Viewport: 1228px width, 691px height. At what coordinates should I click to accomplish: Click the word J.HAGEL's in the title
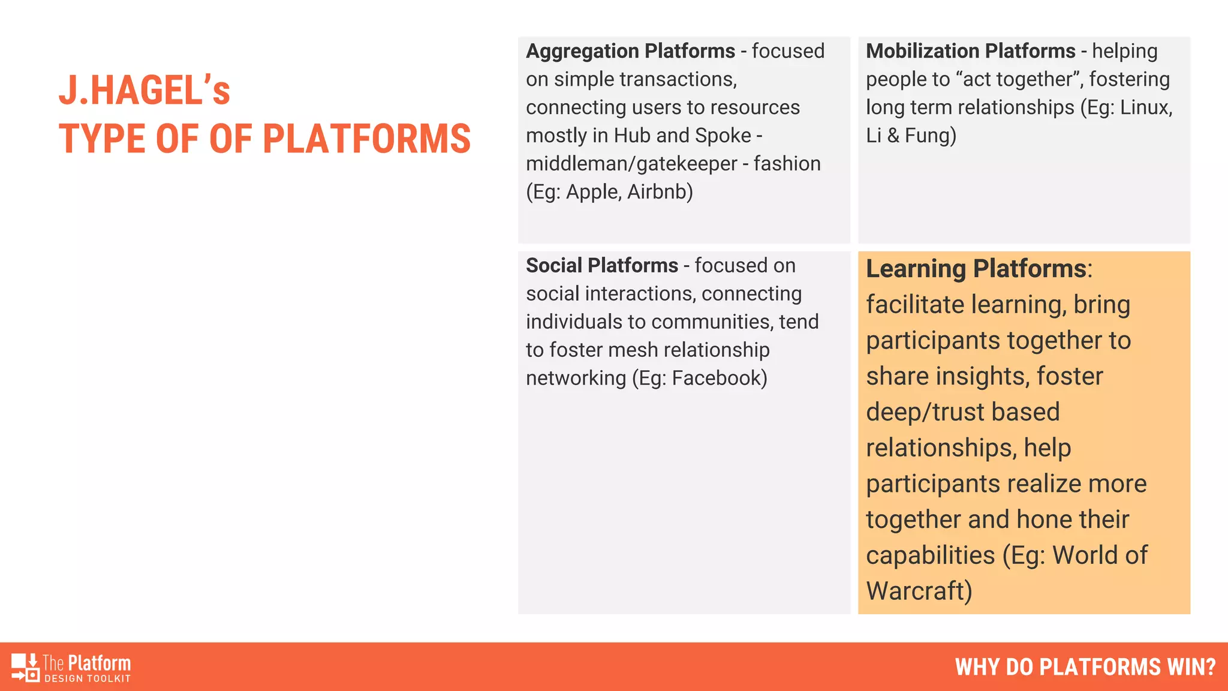[144, 91]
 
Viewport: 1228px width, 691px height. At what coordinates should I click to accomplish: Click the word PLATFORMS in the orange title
[366, 139]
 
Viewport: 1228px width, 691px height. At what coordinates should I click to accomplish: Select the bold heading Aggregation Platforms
[630, 52]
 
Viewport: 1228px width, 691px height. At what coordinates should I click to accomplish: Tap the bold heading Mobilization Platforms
[970, 52]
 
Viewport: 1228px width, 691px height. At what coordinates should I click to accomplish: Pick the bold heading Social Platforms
[601, 266]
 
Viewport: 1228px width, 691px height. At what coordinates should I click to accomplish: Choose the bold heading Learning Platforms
[976, 269]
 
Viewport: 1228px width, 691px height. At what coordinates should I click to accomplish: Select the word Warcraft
[918, 591]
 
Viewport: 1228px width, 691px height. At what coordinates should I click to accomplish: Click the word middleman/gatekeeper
[631, 164]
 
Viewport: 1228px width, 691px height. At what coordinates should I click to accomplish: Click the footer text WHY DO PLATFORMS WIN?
[1085, 667]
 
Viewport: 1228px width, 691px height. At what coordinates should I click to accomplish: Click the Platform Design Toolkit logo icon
[25, 667]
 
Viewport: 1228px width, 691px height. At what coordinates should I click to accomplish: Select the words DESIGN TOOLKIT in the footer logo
[88, 678]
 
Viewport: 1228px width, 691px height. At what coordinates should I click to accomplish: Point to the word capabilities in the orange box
[930, 555]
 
